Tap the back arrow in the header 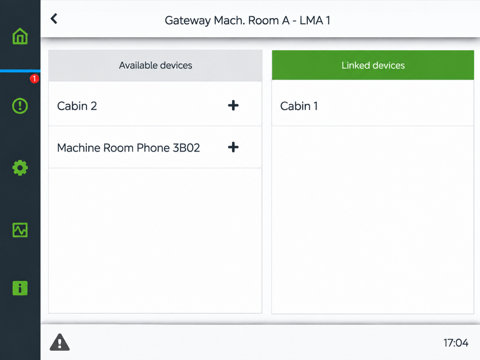(x=54, y=19)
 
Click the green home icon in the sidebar (x=20, y=36)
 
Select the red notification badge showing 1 (x=34, y=79)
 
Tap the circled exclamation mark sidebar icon (x=20, y=106)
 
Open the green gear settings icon (x=20, y=168)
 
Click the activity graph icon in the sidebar (x=20, y=230)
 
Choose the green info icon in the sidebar (x=20, y=288)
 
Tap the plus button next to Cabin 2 (x=233, y=105)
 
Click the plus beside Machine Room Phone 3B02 (x=233, y=147)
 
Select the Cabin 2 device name (x=77, y=106)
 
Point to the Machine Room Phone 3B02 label (x=128, y=148)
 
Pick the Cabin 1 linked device (x=299, y=106)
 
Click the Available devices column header (x=155, y=65)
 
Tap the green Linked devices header (x=373, y=65)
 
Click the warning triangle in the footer (x=60, y=342)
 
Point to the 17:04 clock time (x=456, y=343)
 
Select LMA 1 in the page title (x=315, y=20)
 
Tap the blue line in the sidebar (x=20, y=71)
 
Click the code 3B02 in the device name (x=186, y=148)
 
